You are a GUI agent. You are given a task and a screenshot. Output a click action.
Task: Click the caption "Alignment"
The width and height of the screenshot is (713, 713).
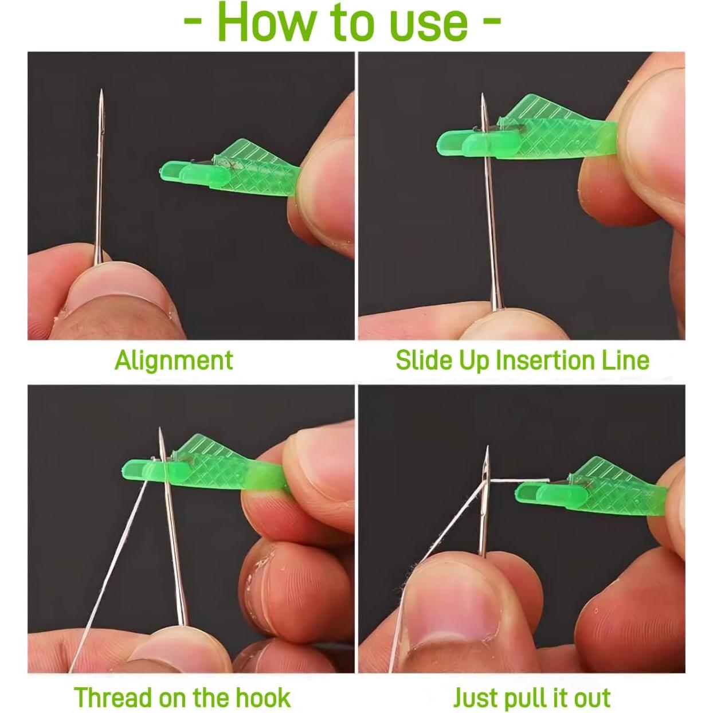coord(174,361)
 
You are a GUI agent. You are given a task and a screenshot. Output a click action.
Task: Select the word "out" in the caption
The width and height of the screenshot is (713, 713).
coord(591,688)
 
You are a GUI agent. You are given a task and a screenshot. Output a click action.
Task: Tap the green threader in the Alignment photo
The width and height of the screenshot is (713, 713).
coord(230,169)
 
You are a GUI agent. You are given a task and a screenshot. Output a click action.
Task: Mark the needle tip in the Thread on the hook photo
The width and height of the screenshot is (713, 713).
coord(160,429)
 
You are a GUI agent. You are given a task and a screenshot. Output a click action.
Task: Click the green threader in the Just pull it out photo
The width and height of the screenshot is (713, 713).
coord(592,488)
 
